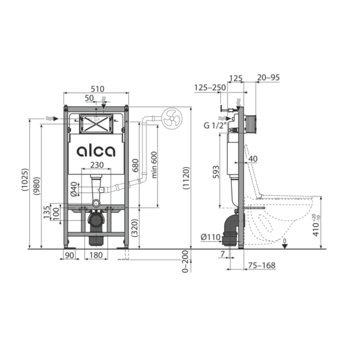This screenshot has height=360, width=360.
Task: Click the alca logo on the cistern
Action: tap(96, 151)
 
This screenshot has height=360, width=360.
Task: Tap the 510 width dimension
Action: tap(98, 89)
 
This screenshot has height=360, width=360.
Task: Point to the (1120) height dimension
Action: tap(186, 178)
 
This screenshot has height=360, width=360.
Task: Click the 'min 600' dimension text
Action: tap(154, 164)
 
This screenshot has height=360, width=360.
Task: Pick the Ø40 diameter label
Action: tap(74, 189)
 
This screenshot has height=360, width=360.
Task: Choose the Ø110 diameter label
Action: tap(211, 237)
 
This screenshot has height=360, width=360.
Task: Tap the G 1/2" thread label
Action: tap(215, 125)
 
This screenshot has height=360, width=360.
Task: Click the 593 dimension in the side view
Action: tap(216, 172)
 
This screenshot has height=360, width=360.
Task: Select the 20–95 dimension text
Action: tap(268, 77)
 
